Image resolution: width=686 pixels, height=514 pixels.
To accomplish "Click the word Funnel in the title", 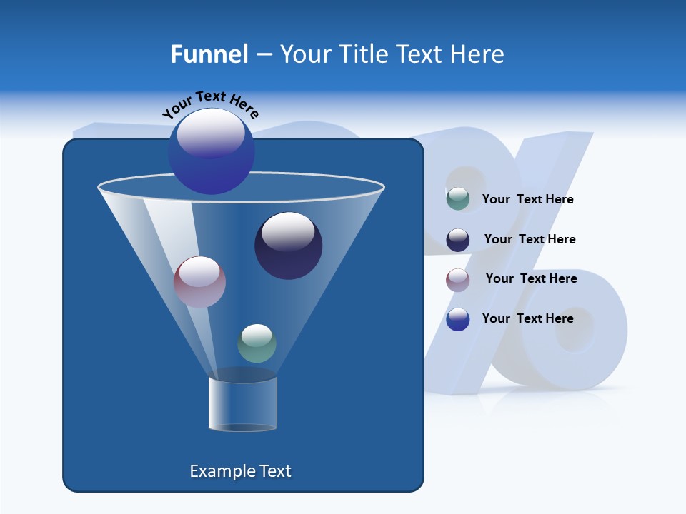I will coord(209,54).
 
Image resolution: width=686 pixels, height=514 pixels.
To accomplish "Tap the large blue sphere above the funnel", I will coord(212,151).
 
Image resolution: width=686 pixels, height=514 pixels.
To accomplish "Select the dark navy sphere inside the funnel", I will coord(289,246).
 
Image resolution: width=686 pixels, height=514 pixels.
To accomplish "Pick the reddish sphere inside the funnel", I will coord(199,282).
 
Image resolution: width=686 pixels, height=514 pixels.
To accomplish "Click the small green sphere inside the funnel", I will coord(257,343).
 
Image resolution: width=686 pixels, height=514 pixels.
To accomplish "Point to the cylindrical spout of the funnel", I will coord(243,404).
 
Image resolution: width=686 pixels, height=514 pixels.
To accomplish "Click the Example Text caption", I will coord(240,471).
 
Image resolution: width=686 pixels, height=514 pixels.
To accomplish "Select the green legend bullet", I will coord(458,199).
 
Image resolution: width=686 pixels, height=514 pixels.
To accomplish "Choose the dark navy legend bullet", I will coord(458,240).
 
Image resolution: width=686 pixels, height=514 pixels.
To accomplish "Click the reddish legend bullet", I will coord(458,280).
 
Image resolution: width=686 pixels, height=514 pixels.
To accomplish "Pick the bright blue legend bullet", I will coord(458,319).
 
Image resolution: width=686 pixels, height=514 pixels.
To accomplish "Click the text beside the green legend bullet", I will coord(527,200).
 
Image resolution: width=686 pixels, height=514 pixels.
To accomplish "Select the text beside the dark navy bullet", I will coord(530,240).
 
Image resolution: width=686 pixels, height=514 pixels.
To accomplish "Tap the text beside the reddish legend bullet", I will coord(531,279).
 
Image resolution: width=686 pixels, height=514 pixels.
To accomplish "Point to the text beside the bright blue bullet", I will coord(527,318).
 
